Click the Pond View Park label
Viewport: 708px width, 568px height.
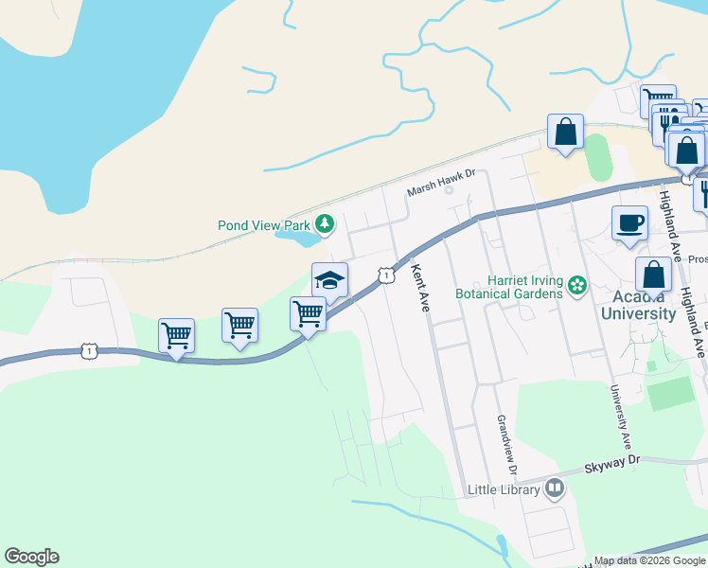point(264,226)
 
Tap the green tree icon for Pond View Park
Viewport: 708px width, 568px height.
point(326,223)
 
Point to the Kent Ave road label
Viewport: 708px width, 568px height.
point(418,287)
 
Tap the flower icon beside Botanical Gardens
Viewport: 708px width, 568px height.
point(576,285)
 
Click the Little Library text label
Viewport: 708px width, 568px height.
point(504,489)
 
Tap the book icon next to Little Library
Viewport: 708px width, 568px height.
point(555,488)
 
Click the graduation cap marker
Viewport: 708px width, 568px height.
point(329,279)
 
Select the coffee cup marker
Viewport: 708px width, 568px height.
point(629,223)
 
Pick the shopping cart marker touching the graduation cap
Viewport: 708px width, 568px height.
point(308,312)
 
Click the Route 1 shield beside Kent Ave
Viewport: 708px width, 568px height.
point(385,275)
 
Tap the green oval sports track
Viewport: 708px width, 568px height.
point(598,157)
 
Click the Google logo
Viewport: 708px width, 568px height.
point(31,557)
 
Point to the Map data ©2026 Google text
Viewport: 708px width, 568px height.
point(650,561)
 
